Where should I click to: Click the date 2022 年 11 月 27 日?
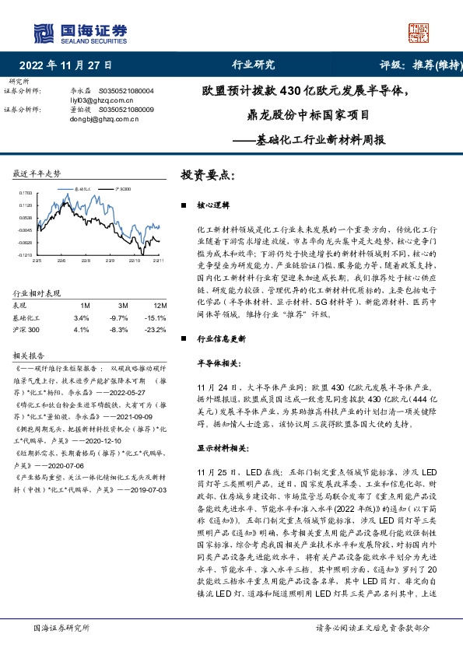(65, 65)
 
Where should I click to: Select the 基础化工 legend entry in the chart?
(80, 188)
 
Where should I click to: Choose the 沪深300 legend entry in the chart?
(122, 188)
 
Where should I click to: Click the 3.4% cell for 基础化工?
(81, 317)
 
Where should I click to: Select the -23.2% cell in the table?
(157, 329)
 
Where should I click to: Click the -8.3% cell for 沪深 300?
(118, 329)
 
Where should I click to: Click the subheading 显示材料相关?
(223, 426)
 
